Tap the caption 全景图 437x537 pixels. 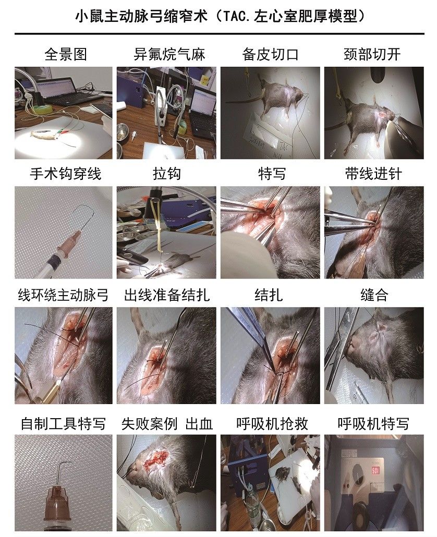tap(65, 54)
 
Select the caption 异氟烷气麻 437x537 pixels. tap(169, 54)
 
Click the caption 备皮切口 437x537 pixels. tap(271, 54)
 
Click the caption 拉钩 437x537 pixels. tap(166, 174)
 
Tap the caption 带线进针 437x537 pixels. tap(373, 174)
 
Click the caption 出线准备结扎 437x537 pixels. tap(167, 296)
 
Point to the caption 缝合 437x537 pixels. tap(374, 296)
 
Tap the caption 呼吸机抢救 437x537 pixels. tap(271, 423)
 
